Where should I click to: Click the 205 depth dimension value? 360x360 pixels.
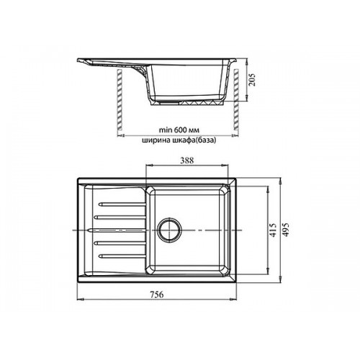point(252,80)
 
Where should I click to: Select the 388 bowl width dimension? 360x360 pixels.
point(187,161)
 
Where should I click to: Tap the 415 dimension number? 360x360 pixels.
point(273,230)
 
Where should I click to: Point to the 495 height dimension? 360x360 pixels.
point(286,230)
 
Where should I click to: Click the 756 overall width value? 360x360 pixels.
point(157,294)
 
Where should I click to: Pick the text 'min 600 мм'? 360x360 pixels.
point(179,130)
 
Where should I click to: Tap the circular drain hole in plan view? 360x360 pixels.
point(170,229)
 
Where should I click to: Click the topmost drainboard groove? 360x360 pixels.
point(122,204)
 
